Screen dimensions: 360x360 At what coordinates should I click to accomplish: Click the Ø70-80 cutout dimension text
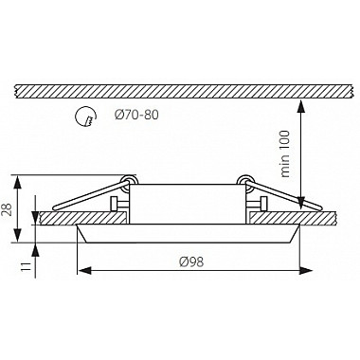coord(136,115)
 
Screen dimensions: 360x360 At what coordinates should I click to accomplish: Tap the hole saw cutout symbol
coord(85,117)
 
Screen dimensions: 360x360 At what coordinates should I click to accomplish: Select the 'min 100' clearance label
coord(285,153)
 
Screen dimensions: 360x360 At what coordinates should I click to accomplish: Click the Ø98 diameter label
coord(191,261)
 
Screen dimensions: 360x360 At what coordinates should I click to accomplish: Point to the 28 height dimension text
coord(8,209)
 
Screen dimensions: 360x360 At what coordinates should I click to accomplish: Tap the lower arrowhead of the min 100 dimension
coord(301,203)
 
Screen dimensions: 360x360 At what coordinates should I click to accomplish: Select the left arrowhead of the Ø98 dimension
coord(85,270)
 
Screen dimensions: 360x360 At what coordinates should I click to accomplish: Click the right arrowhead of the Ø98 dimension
coord(306,270)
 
